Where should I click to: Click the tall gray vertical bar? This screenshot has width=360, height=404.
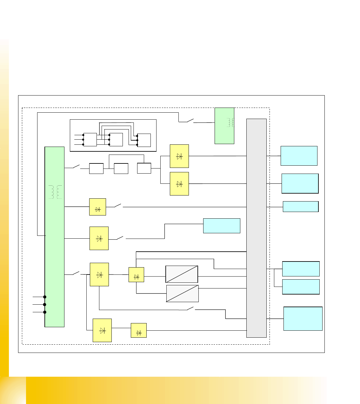(256, 228)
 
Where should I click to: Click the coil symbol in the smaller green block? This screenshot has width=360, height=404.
(230, 123)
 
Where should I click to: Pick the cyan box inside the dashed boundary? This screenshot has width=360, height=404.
(221, 226)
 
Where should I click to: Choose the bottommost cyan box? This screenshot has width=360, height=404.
(303, 319)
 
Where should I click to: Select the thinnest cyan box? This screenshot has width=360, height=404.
(300, 207)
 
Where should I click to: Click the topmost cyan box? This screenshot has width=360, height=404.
(299, 156)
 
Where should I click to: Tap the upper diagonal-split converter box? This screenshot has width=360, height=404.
(182, 274)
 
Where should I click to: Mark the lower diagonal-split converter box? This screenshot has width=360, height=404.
(182, 294)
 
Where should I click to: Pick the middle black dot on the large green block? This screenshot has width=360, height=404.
(45, 305)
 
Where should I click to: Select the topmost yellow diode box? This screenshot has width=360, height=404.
(179, 156)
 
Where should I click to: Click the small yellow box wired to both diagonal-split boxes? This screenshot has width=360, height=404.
(136, 275)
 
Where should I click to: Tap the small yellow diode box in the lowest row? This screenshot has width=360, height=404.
(138, 330)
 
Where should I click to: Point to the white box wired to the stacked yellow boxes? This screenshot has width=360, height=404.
(144, 168)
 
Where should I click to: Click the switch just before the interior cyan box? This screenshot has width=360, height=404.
(120, 238)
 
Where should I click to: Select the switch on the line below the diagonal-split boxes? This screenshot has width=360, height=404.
(190, 308)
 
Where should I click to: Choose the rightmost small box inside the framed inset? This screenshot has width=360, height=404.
(144, 140)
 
